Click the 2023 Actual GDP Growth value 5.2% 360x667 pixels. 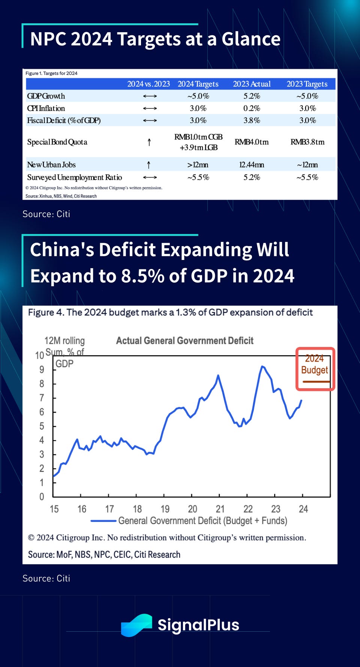pos(252,96)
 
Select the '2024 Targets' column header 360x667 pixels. pos(198,84)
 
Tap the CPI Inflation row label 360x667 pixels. pos(46,108)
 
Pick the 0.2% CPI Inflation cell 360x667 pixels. pos(252,108)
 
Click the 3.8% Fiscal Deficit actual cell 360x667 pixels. pos(252,120)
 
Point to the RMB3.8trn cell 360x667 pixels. pos(307,142)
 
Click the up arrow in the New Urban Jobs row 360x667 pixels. pos(149,165)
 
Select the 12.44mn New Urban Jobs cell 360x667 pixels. pos(252,165)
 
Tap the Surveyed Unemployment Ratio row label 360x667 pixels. pos(74,177)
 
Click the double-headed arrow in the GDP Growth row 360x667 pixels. pos(150,96)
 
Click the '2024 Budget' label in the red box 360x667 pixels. pos(315,364)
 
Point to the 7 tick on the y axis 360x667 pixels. pos(42,398)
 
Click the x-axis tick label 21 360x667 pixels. pos(220,509)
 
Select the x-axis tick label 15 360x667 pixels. pos(54,509)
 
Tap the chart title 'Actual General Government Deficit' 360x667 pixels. pos(184,341)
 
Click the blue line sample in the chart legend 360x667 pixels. pos(103,521)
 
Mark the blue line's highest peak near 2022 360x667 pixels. pos(262,366)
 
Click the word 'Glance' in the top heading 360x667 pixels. pos(251,39)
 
